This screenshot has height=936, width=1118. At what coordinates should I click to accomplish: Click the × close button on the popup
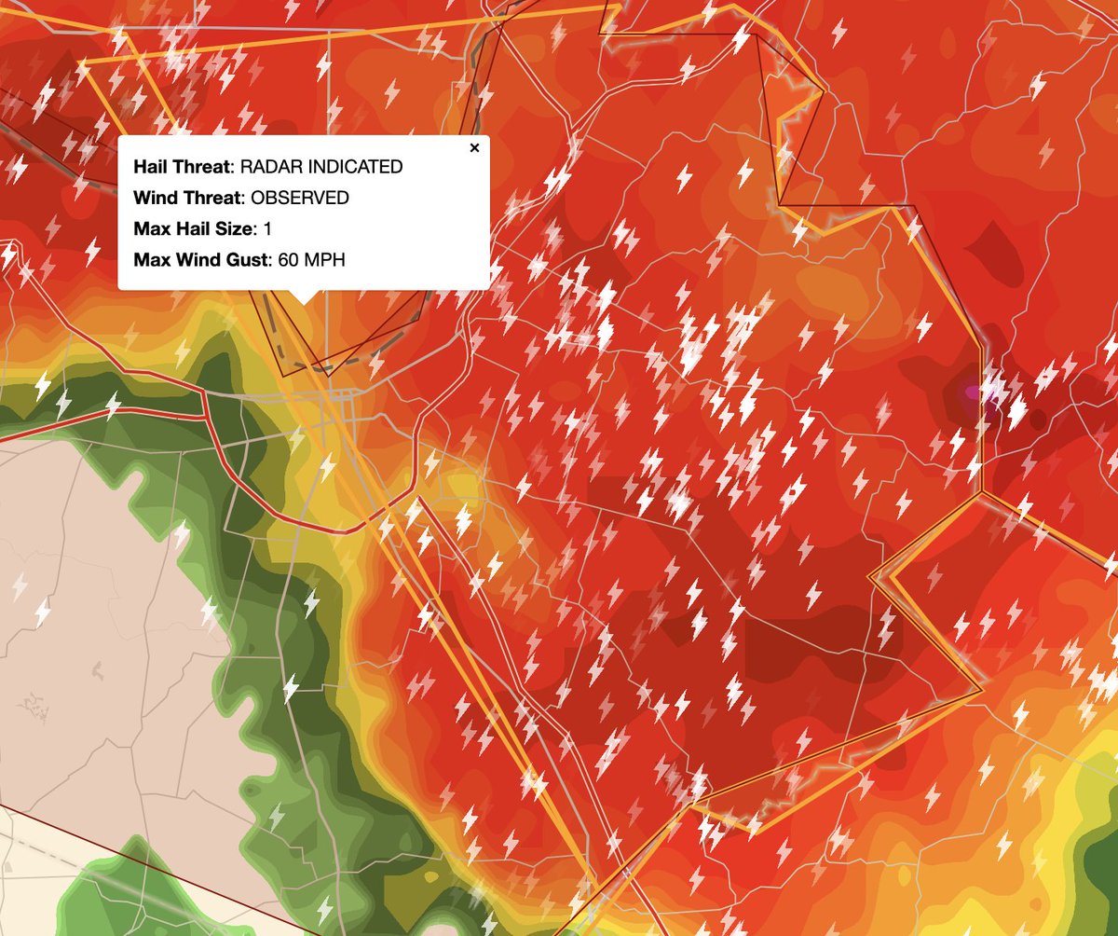click(474, 148)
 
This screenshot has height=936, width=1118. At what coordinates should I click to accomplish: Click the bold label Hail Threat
click(183, 167)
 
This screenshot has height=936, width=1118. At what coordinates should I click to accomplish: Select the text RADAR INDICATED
click(321, 167)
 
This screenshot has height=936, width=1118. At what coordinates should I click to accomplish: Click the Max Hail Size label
click(192, 228)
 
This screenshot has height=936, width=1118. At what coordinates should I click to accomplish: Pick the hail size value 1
click(267, 228)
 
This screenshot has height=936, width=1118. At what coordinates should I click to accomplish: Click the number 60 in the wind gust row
click(288, 259)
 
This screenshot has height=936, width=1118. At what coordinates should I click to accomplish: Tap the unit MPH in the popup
click(324, 259)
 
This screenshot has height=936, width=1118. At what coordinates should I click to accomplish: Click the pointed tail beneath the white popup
click(304, 296)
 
